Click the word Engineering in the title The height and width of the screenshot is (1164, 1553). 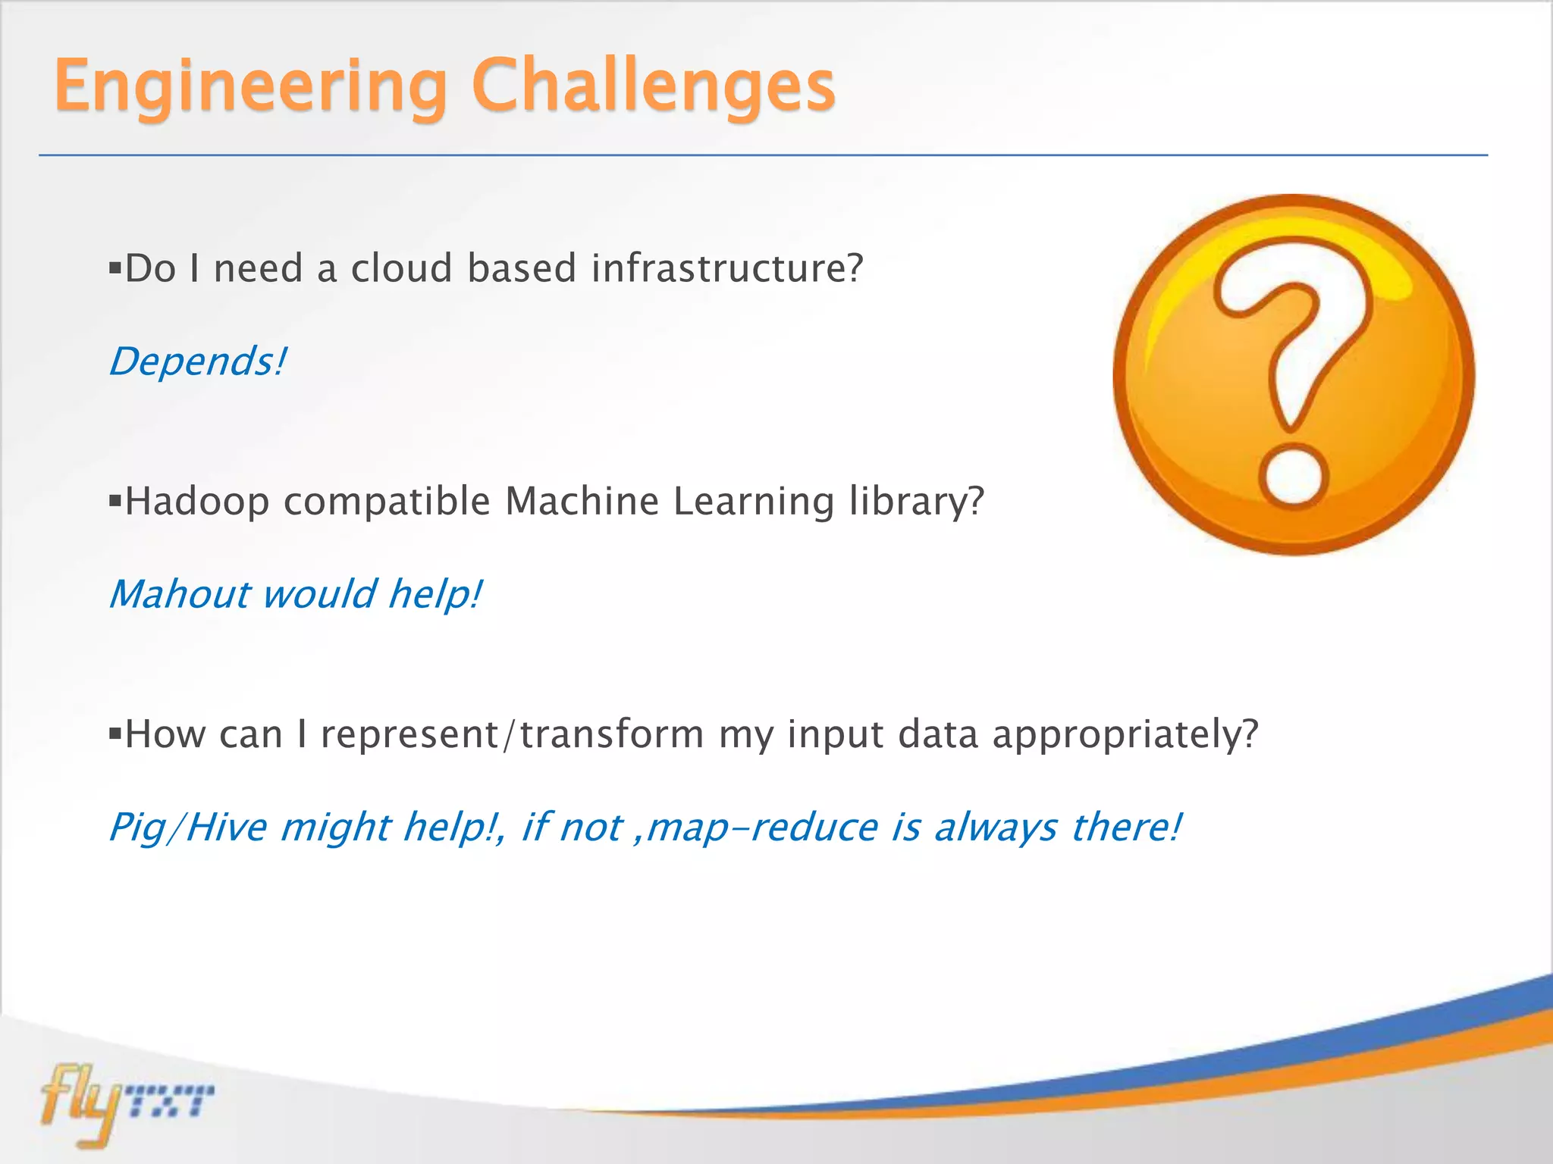point(250,87)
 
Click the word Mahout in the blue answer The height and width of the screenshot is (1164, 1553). point(179,593)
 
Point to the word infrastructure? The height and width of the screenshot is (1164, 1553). point(726,268)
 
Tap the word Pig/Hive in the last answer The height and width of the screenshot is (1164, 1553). point(187,827)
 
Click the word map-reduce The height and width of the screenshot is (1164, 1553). point(761,827)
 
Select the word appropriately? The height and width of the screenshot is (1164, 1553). point(1125,735)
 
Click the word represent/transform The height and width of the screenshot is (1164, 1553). point(512,735)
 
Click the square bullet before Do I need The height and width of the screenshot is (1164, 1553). point(115,268)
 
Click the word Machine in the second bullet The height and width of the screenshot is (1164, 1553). point(582,502)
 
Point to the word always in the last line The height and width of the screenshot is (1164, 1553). point(995,827)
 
